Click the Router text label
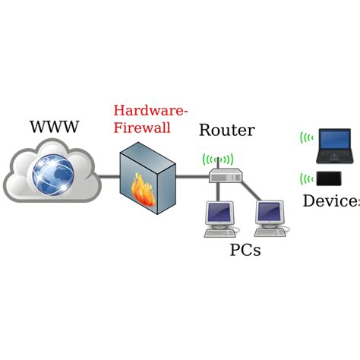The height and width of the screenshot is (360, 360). point(226,130)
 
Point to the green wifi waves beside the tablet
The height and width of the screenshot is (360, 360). point(306,180)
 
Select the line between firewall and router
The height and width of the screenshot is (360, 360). point(191,178)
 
